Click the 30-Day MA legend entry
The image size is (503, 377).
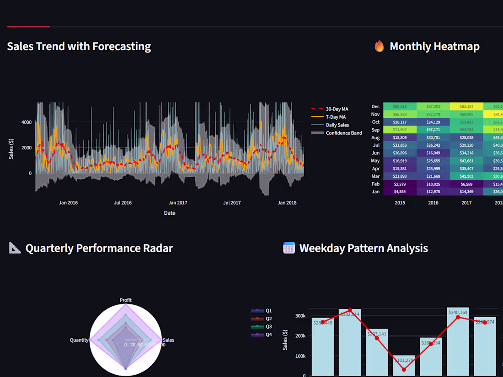click(337, 109)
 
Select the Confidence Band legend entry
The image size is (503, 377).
click(343, 133)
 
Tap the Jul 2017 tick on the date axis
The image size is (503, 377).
click(232, 202)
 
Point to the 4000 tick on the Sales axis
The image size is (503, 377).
click(27, 122)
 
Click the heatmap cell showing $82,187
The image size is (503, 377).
click(466, 106)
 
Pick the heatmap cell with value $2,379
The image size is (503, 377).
click(400, 184)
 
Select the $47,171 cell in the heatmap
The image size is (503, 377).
click(433, 130)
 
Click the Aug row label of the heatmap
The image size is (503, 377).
click(375, 138)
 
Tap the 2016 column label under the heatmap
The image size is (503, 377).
click(433, 202)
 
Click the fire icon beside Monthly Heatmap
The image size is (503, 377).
click(379, 46)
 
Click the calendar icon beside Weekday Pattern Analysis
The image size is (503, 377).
click(289, 248)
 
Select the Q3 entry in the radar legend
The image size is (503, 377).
click(268, 327)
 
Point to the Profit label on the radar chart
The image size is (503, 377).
click(125, 300)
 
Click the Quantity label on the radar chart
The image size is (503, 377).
click(79, 340)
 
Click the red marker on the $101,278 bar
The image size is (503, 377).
click(404, 369)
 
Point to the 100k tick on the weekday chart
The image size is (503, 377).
click(300, 356)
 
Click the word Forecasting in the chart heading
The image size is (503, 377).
click(121, 46)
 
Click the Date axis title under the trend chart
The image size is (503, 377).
click(170, 213)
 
